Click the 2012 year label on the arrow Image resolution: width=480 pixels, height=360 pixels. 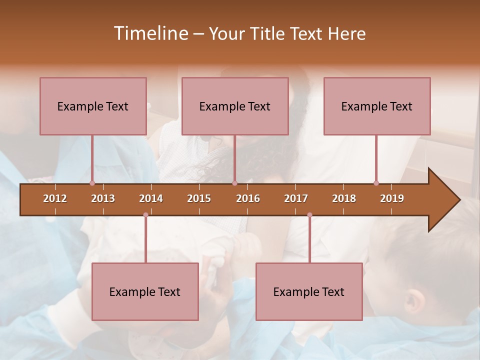55,198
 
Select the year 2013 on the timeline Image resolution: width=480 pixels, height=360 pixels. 103,198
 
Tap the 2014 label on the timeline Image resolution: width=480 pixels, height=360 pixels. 151,198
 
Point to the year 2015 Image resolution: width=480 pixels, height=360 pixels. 199,198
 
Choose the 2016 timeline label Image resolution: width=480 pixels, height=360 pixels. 248,198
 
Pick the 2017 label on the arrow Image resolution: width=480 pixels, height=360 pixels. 296,198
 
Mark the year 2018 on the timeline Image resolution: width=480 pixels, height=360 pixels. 344,198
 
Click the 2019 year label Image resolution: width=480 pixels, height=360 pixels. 392,198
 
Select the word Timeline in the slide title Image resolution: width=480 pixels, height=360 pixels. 150,33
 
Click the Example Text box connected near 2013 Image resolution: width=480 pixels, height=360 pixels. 93,106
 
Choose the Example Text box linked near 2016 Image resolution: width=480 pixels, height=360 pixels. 235,106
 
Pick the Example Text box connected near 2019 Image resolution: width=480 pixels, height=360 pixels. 377,106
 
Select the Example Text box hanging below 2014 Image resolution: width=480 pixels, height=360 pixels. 145,291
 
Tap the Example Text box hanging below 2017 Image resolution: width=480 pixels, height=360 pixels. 309,291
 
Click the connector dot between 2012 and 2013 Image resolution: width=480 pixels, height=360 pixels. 92,183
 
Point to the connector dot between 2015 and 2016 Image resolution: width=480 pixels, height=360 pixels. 234,183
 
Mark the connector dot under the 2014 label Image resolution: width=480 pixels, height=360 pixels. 145,215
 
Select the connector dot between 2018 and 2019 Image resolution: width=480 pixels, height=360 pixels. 376,183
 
